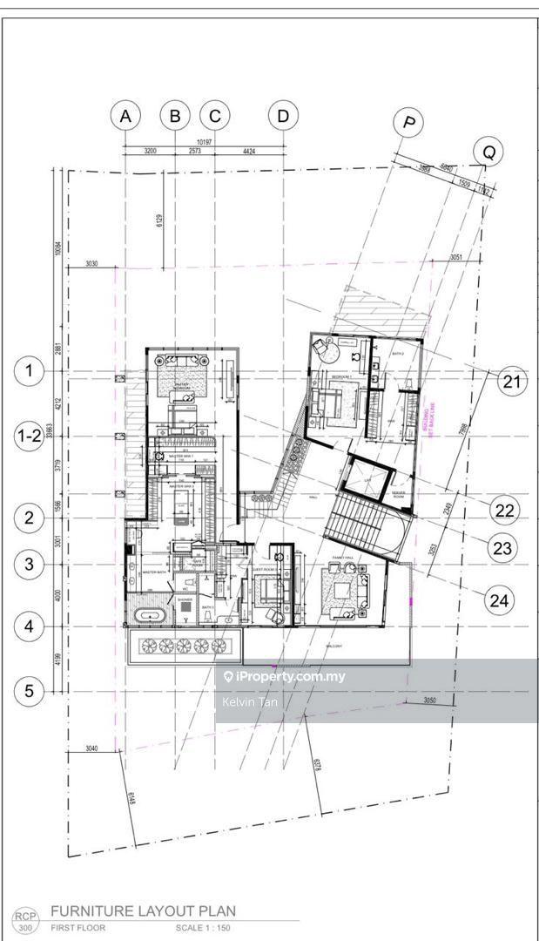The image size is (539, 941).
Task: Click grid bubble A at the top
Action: click(x=126, y=115)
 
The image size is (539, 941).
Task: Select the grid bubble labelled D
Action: click(x=283, y=115)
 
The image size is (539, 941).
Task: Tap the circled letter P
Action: click(x=407, y=123)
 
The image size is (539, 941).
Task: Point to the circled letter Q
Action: click(x=488, y=152)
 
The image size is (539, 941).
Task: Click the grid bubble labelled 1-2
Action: click(x=29, y=437)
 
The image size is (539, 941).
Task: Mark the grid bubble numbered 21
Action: click(x=512, y=381)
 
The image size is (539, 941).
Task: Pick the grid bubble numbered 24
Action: click(x=500, y=600)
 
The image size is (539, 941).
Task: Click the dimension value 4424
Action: click(x=248, y=151)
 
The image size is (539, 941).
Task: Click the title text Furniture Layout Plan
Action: click(x=143, y=911)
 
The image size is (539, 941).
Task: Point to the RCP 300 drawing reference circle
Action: click(x=24, y=920)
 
